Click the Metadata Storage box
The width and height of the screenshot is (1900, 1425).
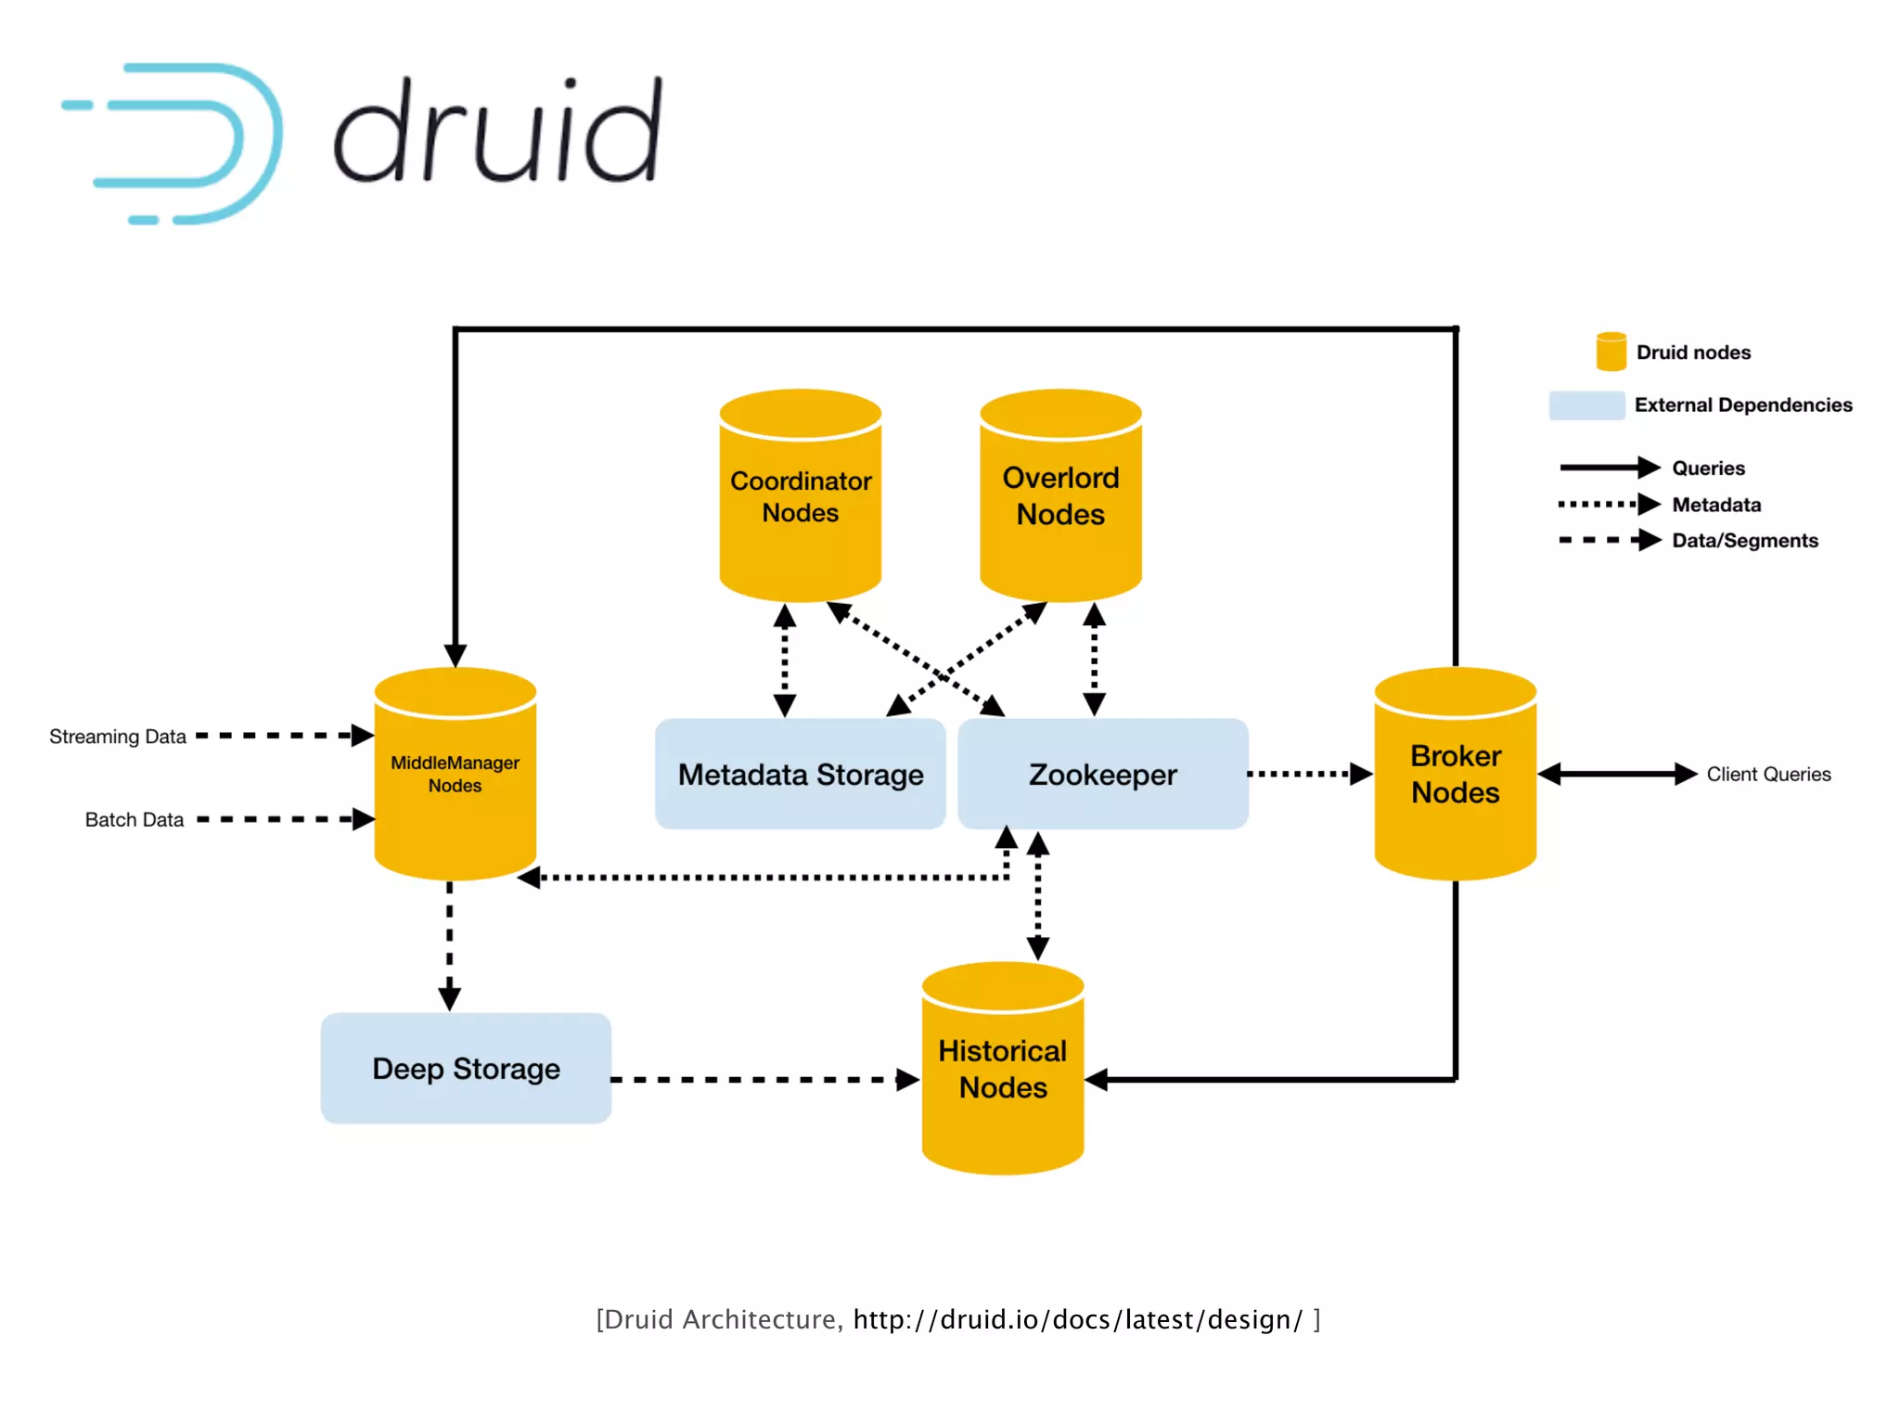click(800, 774)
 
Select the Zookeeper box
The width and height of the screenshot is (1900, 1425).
click(1102, 774)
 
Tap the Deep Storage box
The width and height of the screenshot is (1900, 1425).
click(466, 1069)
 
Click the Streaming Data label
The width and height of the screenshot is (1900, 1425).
click(118, 737)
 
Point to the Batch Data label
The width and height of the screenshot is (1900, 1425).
click(135, 820)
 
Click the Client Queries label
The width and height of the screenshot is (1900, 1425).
click(1768, 775)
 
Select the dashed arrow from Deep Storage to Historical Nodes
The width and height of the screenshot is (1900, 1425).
click(761, 1080)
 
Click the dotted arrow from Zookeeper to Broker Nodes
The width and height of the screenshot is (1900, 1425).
click(1308, 774)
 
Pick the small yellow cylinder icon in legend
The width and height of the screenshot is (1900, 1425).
click(1611, 352)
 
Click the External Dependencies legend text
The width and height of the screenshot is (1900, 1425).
click(1742, 405)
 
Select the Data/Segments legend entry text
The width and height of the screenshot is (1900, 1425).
click(1744, 541)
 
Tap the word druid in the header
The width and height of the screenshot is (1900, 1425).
click(498, 133)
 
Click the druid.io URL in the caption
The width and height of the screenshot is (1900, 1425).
click(1077, 1319)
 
